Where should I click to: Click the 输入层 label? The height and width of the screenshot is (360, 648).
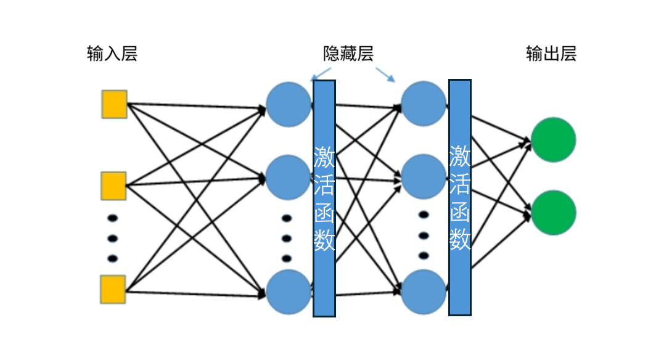(112, 54)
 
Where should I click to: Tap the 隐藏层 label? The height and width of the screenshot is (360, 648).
(348, 54)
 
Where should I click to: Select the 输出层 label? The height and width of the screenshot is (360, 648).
(551, 54)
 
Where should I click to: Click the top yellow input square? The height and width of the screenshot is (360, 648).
(114, 104)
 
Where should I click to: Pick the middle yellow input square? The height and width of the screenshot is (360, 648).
(113, 186)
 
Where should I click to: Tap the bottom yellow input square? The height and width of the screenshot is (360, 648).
(113, 290)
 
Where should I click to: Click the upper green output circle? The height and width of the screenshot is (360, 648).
(553, 140)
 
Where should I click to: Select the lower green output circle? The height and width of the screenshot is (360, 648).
(553, 213)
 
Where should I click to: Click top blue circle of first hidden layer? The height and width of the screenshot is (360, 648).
(289, 104)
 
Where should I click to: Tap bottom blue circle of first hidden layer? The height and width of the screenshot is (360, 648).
(289, 292)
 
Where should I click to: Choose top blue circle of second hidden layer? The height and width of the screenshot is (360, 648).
(424, 104)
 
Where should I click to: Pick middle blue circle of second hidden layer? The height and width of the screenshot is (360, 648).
(424, 177)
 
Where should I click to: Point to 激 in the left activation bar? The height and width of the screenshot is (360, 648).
(324, 157)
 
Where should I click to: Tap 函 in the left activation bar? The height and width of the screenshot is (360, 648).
(324, 212)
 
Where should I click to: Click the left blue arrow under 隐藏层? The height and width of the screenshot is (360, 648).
(321, 74)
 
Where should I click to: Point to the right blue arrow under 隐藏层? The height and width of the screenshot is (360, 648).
(385, 74)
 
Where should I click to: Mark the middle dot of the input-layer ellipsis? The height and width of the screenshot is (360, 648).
(112, 239)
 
